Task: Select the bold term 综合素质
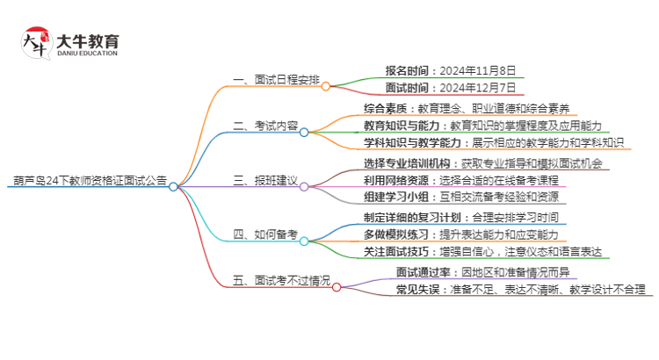[x=384, y=109]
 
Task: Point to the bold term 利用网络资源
[x=395, y=180]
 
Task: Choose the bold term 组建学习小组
[x=395, y=197]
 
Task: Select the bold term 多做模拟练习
[x=395, y=234]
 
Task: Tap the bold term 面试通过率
[x=416, y=271]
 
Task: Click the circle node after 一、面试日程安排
[x=325, y=86]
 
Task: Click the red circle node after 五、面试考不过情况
[x=336, y=286]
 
